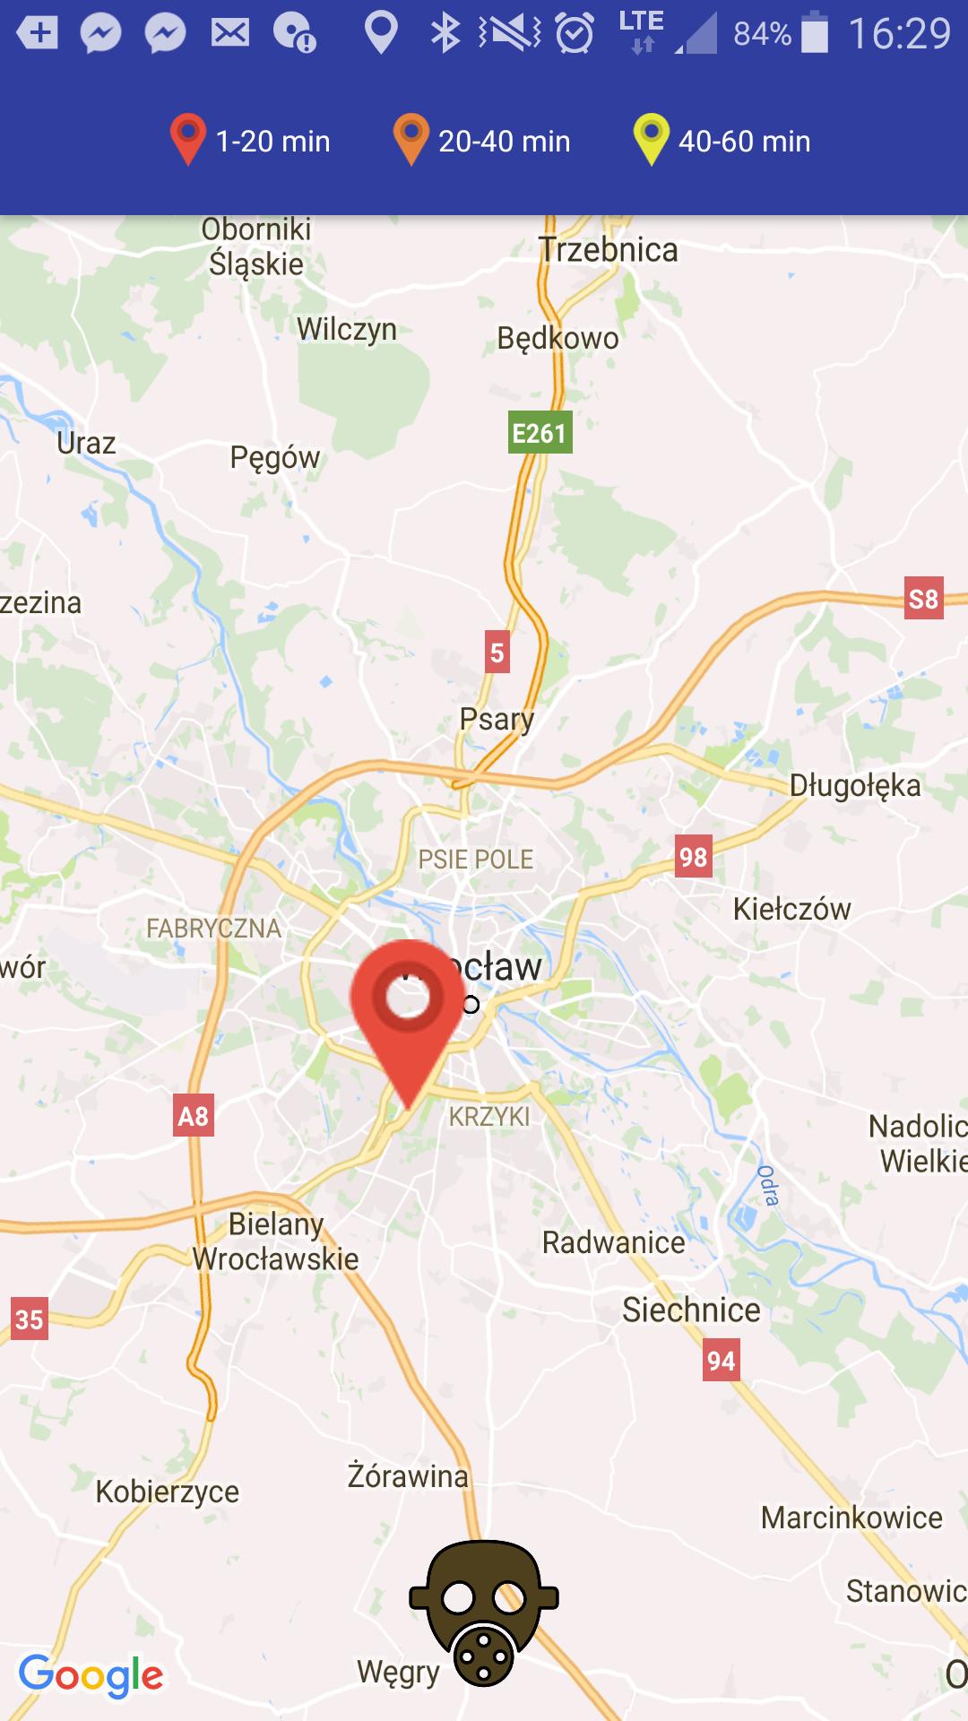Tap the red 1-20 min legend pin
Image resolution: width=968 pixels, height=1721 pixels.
click(x=188, y=139)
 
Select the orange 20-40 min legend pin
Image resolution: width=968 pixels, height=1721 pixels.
click(x=411, y=139)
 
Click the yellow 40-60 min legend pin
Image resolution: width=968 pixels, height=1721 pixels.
click(x=651, y=139)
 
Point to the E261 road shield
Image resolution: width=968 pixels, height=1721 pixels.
click(x=540, y=433)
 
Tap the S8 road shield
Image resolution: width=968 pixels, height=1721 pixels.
click(x=923, y=598)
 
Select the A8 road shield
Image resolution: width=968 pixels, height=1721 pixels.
click(x=194, y=1116)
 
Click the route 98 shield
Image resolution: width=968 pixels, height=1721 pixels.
click(x=693, y=857)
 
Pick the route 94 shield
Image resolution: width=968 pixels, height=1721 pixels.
click(x=721, y=1361)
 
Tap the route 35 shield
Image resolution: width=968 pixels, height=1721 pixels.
click(x=29, y=1319)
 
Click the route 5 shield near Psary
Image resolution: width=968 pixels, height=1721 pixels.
click(x=497, y=653)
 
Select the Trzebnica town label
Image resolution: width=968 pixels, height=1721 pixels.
click(x=609, y=249)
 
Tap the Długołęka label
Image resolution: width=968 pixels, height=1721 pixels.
click(x=854, y=785)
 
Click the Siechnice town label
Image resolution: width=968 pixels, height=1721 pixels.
click(x=691, y=1310)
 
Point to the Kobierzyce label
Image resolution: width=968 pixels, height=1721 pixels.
click(x=168, y=1492)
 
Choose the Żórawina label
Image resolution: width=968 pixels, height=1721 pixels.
click(x=408, y=1475)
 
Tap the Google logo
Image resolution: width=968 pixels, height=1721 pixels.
click(x=91, y=1676)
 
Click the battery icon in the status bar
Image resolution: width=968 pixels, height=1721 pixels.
click(x=815, y=33)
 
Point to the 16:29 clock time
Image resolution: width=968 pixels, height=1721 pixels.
click(x=899, y=33)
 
